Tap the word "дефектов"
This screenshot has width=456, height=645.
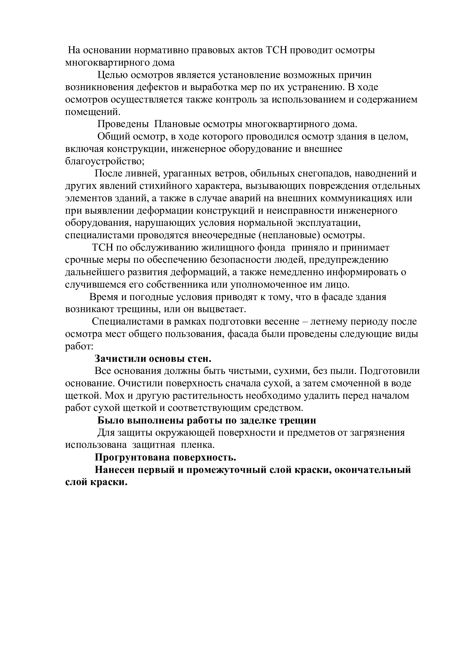157,87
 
